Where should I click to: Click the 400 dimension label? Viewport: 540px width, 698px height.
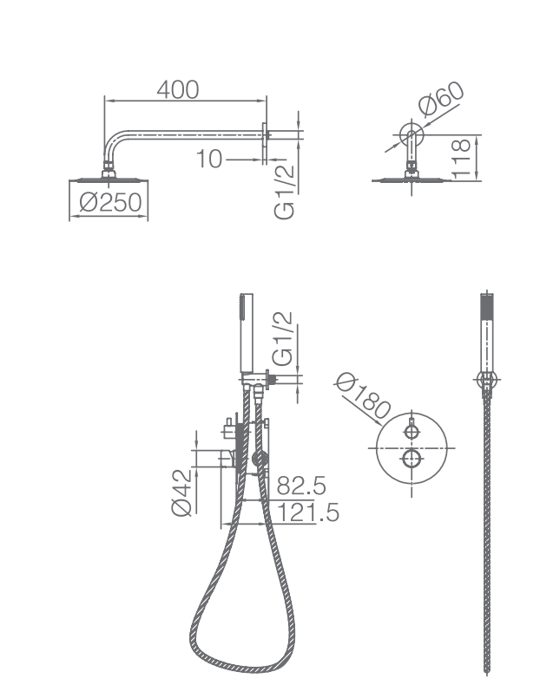coord(178,90)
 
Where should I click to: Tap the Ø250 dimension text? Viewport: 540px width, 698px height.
coord(110,203)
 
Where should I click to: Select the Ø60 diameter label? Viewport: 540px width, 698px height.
coord(441,99)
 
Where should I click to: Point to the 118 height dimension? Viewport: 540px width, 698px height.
coord(462,159)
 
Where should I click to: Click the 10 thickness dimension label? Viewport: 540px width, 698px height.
coord(209,159)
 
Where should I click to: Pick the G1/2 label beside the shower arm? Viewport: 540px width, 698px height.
coord(285,192)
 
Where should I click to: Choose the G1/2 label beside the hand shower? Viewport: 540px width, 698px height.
coord(283,339)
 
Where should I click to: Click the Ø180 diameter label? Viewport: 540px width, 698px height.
coord(363,395)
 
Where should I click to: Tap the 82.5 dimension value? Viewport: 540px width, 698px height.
coord(301,486)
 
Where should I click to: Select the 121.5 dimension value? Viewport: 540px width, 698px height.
coord(308,512)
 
